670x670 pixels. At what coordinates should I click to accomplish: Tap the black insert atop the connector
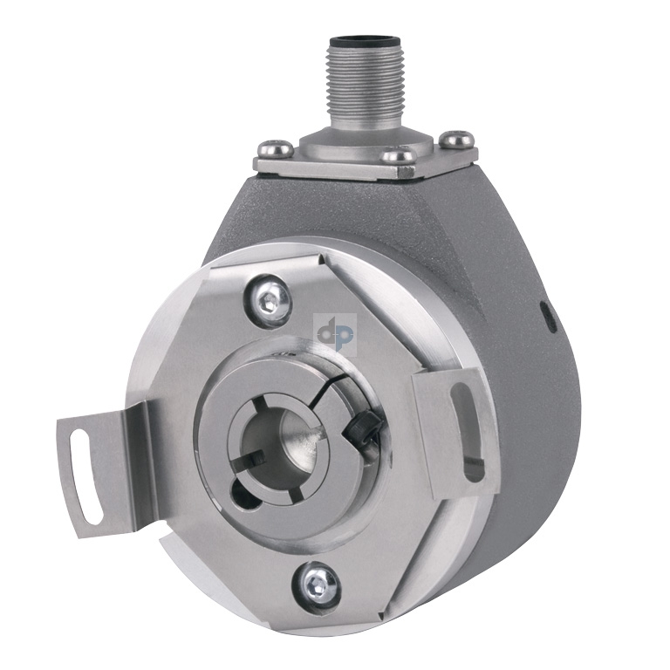pos(359,40)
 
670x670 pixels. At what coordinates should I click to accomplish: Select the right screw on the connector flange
pos(456,137)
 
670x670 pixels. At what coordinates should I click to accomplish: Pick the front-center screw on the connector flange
pos(400,156)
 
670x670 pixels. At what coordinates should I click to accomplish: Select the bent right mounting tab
pos(454,427)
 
